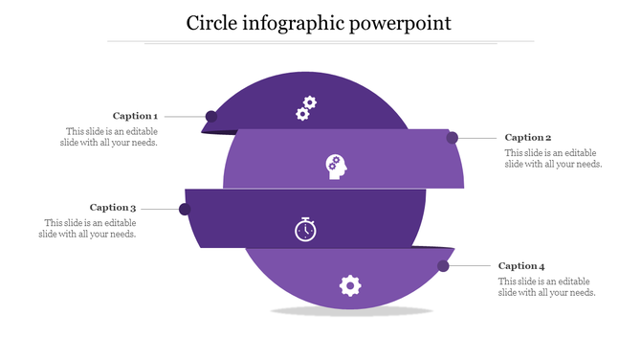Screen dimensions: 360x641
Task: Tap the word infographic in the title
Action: (297, 22)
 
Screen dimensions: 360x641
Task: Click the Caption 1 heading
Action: (135, 116)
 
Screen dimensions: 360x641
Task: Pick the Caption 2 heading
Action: (528, 138)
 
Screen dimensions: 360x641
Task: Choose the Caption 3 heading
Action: (113, 208)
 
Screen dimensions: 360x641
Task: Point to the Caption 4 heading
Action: (521, 266)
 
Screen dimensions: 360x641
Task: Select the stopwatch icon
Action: (305, 230)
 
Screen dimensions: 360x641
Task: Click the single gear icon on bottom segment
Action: (350, 284)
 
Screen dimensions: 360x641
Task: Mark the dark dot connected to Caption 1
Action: (211, 117)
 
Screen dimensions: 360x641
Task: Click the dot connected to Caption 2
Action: (452, 138)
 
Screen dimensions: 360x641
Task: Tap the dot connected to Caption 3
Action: (185, 209)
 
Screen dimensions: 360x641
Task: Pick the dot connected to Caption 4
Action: (444, 265)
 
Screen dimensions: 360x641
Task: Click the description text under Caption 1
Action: (111, 137)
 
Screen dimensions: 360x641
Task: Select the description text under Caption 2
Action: (553, 158)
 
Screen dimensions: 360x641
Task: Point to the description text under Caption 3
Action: (89, 228)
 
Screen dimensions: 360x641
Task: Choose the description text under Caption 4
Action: (547, 286)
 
